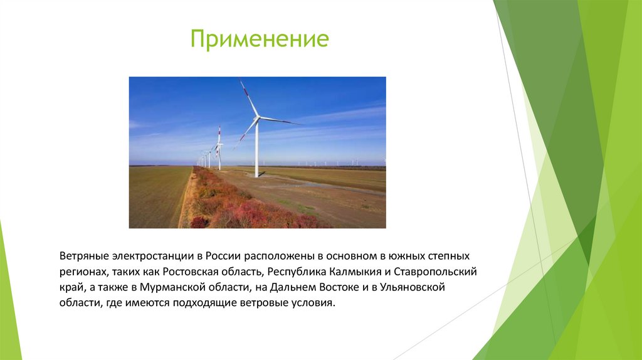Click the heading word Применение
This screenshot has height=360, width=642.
coord(260,39)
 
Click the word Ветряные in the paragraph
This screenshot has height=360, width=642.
coord(84,257)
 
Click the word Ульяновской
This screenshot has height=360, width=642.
coord(412,288)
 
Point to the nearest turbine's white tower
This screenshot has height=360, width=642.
coord(257,151)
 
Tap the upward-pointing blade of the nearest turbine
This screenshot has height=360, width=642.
coord(248,97)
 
